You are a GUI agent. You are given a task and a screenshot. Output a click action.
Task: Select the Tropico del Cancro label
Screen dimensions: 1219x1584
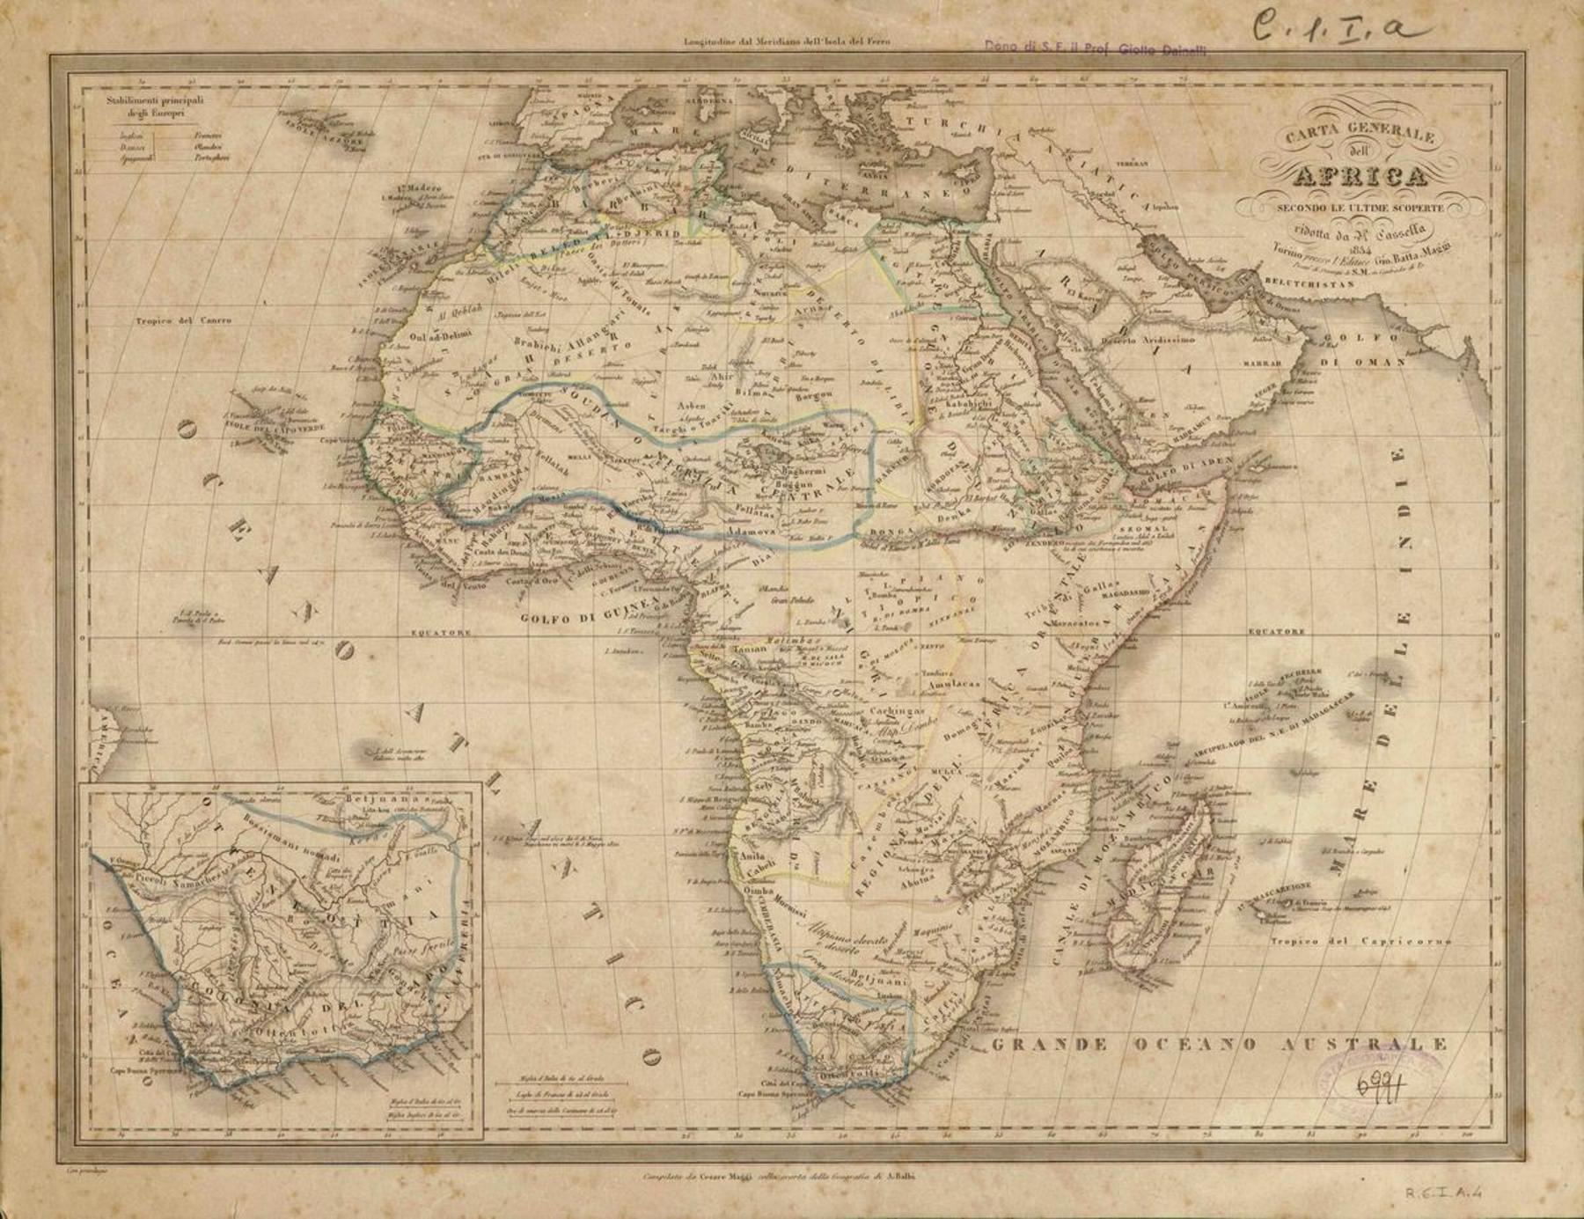184,320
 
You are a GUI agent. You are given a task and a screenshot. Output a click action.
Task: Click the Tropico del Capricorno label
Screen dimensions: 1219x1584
1360,942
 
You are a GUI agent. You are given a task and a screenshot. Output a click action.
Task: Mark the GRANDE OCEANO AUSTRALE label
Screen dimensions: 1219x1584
1218,1045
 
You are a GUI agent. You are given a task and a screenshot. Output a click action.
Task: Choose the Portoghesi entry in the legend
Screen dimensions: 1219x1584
211,158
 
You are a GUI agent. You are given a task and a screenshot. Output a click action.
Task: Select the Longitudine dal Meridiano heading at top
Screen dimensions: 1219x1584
781,41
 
